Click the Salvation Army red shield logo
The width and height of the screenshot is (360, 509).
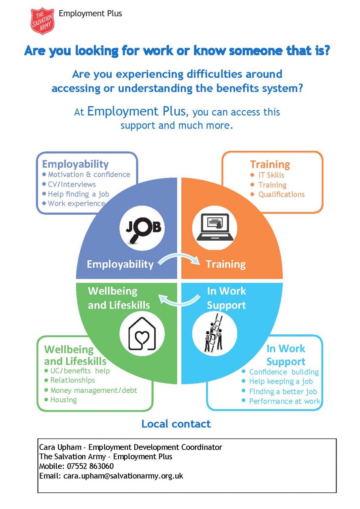(42, 21)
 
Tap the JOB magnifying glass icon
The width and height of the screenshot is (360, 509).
(143, 228)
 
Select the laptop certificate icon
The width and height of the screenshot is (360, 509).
(215, 228)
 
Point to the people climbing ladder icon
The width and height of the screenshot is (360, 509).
(215, 334)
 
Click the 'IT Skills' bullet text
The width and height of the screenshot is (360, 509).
(271, 175)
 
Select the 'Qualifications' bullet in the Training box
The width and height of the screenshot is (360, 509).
(281, 195)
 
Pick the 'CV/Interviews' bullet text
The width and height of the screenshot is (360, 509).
(72, 184)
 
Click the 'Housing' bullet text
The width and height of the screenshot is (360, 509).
(64, 400)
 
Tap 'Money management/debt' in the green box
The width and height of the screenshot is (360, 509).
(93, 390)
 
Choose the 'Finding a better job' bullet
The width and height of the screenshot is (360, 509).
(283, 392)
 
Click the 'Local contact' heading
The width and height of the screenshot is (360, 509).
(176, 424)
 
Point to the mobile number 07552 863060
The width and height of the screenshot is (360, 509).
(90, 466)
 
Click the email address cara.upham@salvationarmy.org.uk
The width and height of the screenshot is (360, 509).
(123, 476)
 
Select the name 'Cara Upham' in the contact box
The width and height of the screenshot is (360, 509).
(60, 447)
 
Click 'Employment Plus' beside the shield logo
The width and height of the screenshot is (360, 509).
(90, 14)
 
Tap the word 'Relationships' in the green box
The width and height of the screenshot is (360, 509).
(73, 380)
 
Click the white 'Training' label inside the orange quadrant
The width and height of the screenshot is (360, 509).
(225, 264)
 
